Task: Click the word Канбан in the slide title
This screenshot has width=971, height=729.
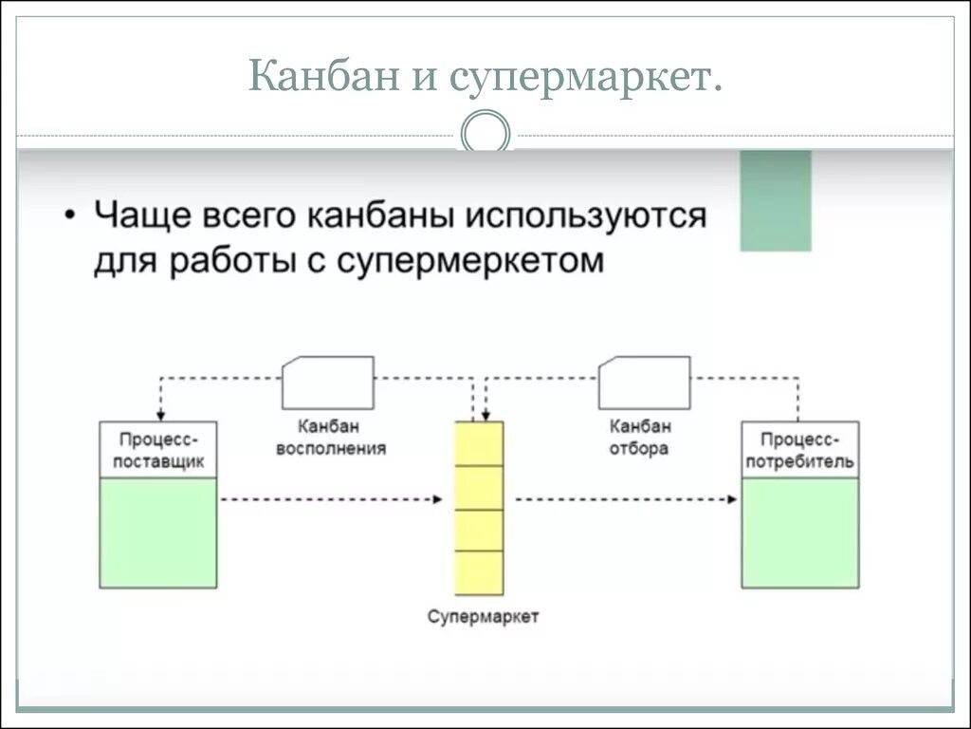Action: tap(319, 77)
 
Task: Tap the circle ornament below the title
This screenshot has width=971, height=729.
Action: tap(485, 132)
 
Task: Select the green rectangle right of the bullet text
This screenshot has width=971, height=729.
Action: tap(776, 200)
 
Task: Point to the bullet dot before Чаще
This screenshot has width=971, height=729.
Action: tap(72, 215)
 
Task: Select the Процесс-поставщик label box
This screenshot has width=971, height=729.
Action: tap(158, 450)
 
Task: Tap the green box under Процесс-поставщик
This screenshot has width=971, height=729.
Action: tap(158, 533)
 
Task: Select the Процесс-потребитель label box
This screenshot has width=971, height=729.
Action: tap(800, 450)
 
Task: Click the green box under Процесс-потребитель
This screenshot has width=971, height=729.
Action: tap(800, 533)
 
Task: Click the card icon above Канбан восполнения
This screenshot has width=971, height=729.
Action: tap(328, 382)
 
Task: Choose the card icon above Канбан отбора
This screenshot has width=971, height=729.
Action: tap(644, 382)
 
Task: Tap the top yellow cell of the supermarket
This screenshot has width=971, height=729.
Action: tap(479, 443)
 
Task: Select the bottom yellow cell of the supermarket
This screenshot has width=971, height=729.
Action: tap(479, 572)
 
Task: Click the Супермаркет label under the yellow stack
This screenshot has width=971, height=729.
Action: tap(483, 617)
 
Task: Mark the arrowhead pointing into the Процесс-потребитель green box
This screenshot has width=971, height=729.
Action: tap(734, 498)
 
